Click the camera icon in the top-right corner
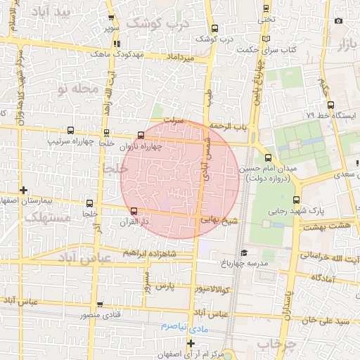pyautogui.click(x=338, y=20)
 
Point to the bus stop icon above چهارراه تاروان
pyautogui.click(x=141, y=135)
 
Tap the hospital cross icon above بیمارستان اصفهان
pyautogui.click(x=24, y=190)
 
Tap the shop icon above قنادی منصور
pyautogui.click(x=100, y=304)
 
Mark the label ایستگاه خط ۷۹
pyautogui.click(x=335, y=115)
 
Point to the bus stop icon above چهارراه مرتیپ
pyautogui.click(x=70, y=131)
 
